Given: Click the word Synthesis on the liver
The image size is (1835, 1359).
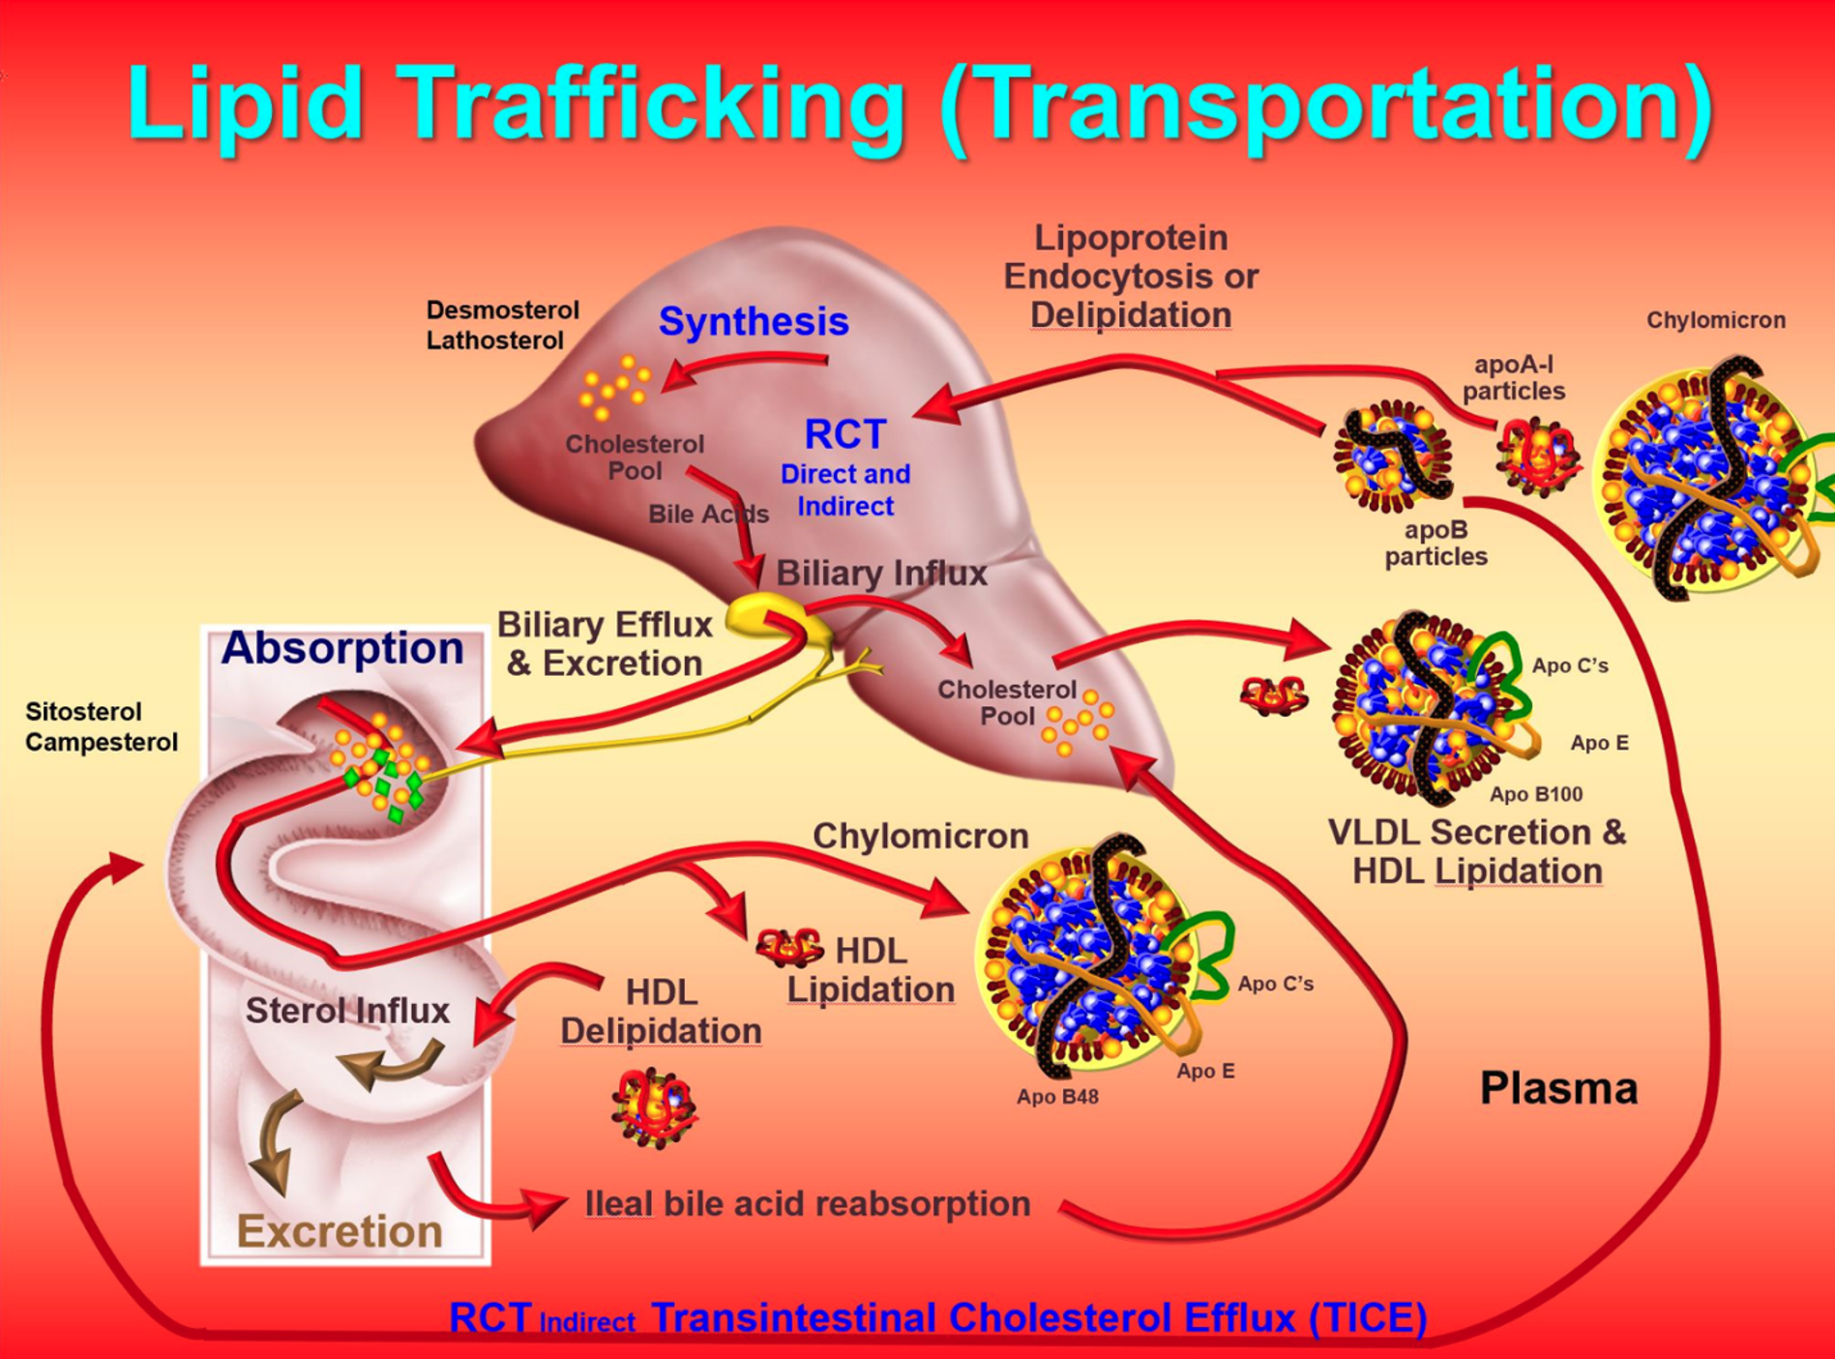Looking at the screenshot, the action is (754, 322).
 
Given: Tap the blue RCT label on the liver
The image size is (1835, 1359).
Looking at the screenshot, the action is (845, 434).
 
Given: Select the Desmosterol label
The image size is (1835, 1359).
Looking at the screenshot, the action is (503, 310).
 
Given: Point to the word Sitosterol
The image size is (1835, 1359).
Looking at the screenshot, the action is (83, 712).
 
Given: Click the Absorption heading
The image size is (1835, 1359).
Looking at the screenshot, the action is (342, 647).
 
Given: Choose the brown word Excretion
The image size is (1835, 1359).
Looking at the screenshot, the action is (340, 1231).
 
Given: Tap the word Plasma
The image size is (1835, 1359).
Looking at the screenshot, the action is (1558, 1088).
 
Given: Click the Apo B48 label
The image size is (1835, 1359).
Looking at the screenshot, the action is (1057, 1097).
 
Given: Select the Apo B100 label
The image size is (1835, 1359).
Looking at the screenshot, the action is (1536, 794).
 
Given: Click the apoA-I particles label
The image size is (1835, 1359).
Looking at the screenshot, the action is (1514, 377).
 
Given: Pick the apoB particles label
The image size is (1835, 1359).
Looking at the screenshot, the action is (1436, 543).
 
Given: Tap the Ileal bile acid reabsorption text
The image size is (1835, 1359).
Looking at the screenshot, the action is (808, 1203).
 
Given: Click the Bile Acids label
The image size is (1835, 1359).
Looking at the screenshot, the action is (708, 514).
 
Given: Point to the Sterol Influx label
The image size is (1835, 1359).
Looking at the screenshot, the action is (347, 1011).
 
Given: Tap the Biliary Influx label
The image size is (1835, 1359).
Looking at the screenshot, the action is (881, 573).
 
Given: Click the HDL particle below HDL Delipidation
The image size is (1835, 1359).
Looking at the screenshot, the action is (654, 1108).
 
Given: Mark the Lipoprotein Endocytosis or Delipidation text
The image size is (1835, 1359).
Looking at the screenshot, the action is (1131, 276).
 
